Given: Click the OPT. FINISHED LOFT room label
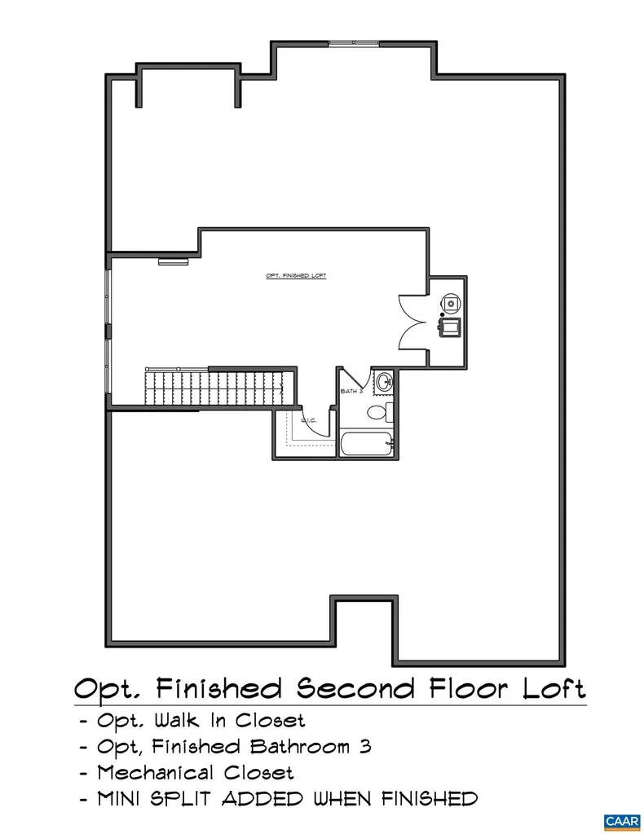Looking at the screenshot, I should pyautogui.click(x=296, y=276).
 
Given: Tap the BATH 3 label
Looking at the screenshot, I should pyautogui.click(x=349, y=393).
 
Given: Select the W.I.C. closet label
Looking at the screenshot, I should pyautogui.click(x=309, y=420).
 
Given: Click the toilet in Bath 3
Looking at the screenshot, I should pyautogui.click(x=377, y=412).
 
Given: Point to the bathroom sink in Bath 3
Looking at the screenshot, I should pyautogui.click(x=384, y=381).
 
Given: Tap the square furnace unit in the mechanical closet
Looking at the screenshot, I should pyautogui.click(x=450, y=327).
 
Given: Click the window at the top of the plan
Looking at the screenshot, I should pyautogui.click(x=351, y=42).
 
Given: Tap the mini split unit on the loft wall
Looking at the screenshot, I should pyautogui.click(x=173, y=261).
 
